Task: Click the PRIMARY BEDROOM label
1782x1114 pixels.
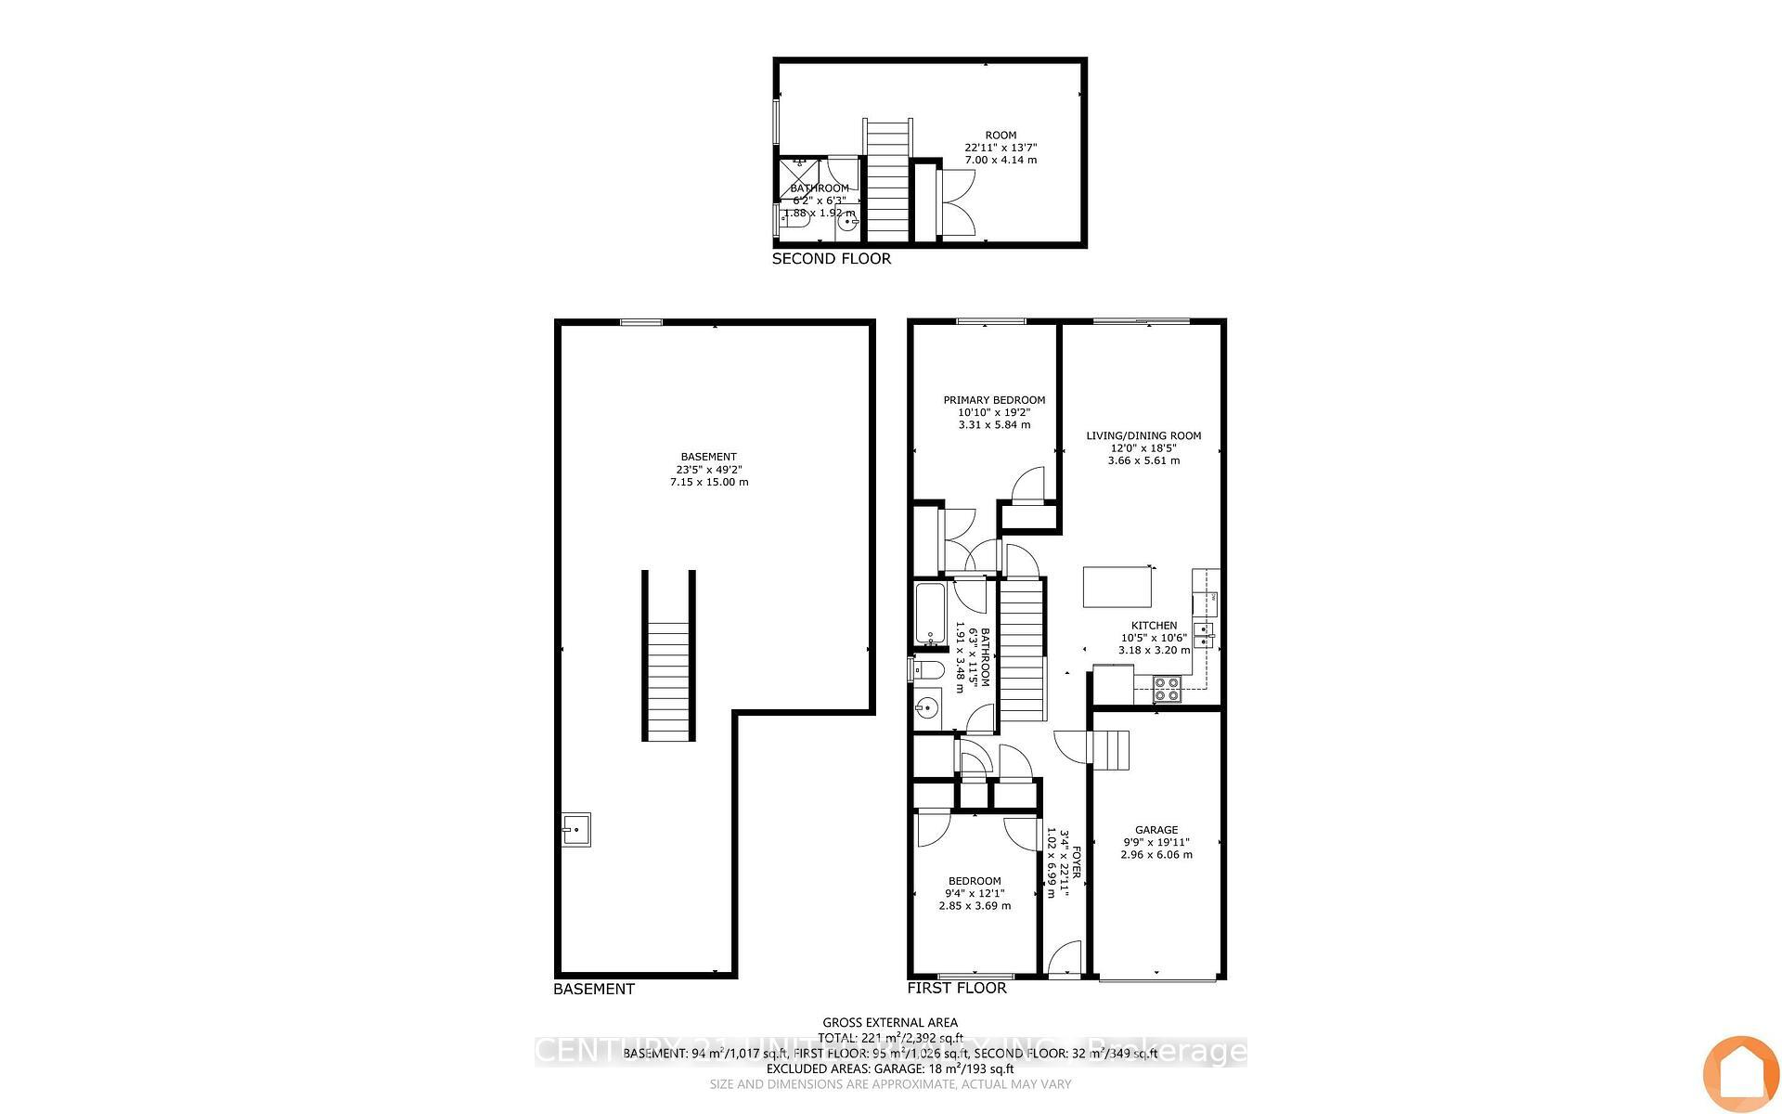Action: [994, 400]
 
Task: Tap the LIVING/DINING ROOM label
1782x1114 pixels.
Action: [1143, 435]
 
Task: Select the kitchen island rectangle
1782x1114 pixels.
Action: [1118, 587]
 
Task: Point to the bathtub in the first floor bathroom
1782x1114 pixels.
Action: [929, 614]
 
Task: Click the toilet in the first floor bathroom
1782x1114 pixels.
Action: [927, 669]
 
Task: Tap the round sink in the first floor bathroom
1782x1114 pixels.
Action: [925, 711]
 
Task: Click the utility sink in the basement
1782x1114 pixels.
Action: [576, 828]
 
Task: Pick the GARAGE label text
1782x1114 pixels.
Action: [1156, 830]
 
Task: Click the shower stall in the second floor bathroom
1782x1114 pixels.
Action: [799, 176]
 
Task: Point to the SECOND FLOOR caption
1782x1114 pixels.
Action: [831, 259]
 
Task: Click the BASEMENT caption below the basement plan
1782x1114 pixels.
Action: [593, 989]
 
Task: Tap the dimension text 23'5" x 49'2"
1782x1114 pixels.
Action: [708, 470]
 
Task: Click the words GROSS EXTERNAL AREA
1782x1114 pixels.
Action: [890, 1022]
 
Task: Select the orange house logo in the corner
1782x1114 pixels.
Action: [1740, 1073]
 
